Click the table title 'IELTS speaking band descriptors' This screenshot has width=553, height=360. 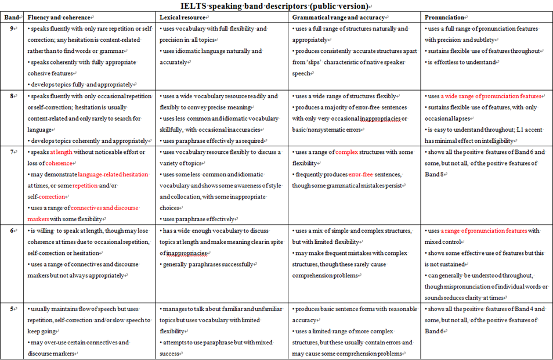[x=276, y=6]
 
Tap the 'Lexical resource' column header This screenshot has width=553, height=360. [x=182, y=18]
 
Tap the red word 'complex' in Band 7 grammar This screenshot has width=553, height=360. [x=348, y=152]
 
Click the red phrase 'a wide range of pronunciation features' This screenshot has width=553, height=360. [x=491, y=96]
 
